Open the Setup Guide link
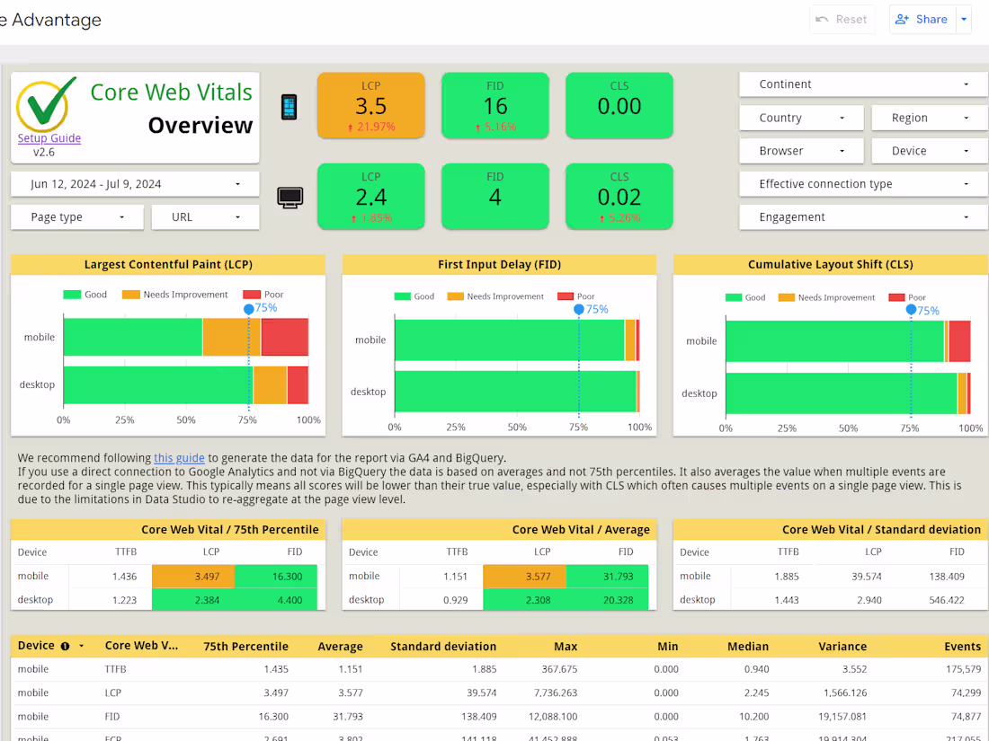(x=49, y=138)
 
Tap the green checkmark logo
(x=47, y=104)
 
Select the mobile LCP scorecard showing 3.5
(x=370, y=106)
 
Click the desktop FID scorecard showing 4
(x=494, y=197)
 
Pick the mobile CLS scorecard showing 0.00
(x=619, y=106)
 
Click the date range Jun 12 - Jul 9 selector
(x=135, y=184)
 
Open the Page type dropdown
(x=76, y=217)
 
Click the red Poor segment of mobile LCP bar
(x=284, y=337)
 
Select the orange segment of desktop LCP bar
(x=270, y=384)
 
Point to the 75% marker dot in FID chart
(x=579, y=309)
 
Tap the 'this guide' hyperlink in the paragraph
(x=179, y=458)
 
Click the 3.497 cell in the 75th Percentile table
(x=193, y=576)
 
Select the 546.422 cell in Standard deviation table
(x=944, y=599)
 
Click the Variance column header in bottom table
(x=842, y=646)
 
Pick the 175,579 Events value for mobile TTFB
(x=963, y=669)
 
